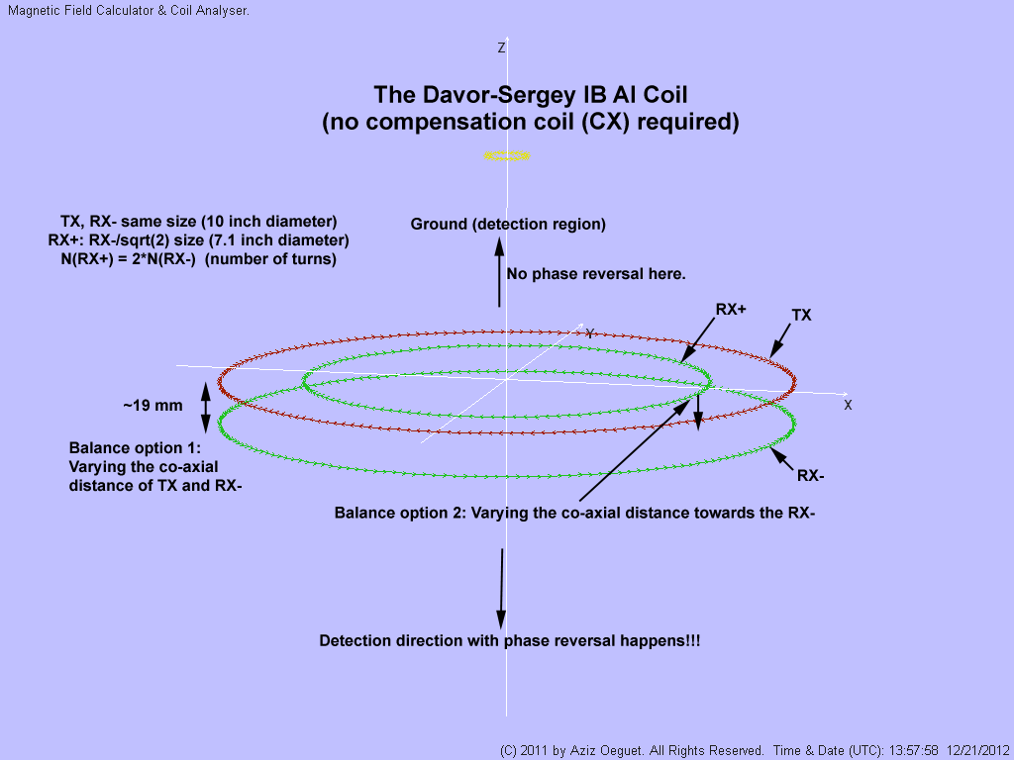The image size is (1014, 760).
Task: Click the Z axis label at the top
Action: (x=502, y=47)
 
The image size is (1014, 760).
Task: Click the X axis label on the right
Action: (x=848, y=405)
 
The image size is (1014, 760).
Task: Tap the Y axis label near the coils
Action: (x=590, y=332)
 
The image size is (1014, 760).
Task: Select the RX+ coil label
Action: (x=731, y=310)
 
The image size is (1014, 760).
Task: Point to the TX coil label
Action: (x=802, y=314)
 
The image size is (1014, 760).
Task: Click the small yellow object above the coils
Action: (x=507, y=155)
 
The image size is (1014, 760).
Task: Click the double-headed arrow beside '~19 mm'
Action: (x=206, y=407)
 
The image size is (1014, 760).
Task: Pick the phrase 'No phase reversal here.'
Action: (x=595, y=274)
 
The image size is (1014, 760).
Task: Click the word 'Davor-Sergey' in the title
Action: (x=477, y=95)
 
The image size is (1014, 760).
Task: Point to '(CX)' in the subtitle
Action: (x=645, y=123)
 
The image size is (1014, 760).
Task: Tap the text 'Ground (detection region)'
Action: (x=508, y=225)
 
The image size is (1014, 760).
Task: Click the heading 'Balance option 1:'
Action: (x=135, y=447)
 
